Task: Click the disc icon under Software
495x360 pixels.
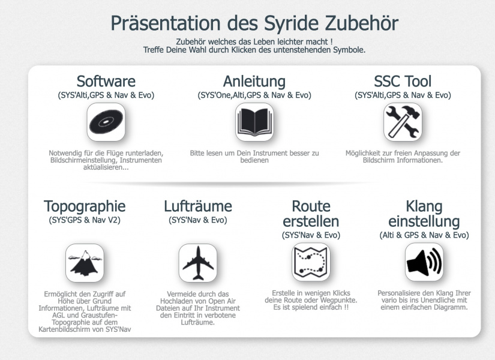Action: coord(106,122)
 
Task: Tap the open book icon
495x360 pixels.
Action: coord(254,122)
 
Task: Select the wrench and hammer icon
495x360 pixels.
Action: coord(403,122)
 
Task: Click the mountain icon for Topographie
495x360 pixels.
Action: coord(85,263)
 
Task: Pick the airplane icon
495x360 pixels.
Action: coord(198,263)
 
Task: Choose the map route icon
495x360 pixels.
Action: coord(311,262)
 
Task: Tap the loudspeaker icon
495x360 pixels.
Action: coord(424,262)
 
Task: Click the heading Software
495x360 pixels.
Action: coord(106,81)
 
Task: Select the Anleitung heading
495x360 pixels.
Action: coord(254,82)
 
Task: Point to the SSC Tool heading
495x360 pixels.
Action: coord(403,81)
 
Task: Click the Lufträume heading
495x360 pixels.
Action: coord(198,206)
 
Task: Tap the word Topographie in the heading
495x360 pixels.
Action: coord(85,207)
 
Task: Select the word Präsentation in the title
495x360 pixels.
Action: coord(166,23)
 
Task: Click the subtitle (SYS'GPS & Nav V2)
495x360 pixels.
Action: coord(85,220)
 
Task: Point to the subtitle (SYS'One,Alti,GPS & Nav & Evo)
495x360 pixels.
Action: coord(254,95)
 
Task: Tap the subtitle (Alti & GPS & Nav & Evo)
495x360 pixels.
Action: coord(424,235)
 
